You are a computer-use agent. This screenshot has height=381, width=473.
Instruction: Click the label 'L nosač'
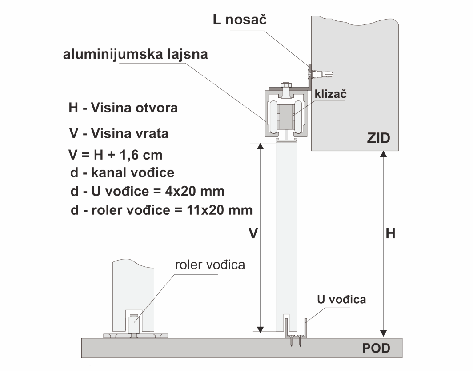click(240, 20)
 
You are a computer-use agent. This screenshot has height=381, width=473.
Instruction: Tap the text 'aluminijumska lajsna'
click(136, 55)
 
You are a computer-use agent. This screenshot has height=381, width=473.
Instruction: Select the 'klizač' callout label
click(331, 94)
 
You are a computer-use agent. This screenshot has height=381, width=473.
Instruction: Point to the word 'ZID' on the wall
click(378, 138)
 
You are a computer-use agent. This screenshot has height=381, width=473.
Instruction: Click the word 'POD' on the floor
click(376, 348)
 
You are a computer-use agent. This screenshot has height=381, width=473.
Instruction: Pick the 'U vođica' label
click(341, 300)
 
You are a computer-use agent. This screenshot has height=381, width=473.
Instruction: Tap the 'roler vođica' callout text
click(210, 265)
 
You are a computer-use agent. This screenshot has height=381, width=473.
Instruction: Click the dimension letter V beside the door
click(253, 233)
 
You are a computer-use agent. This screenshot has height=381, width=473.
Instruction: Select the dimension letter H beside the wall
click(390, 233)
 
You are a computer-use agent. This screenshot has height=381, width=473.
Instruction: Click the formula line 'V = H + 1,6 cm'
click(116, 155)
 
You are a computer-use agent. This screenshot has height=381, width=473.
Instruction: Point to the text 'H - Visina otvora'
click(123, 108)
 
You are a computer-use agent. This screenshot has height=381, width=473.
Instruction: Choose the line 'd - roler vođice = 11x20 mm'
click(161, 210)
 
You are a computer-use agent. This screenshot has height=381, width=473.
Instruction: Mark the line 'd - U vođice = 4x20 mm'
click(147, 191)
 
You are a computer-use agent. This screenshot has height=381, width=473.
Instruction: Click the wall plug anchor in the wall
click(323, 74)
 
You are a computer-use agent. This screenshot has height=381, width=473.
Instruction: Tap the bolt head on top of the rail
click(286, 85)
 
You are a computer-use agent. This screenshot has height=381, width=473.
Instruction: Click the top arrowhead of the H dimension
click(383, 154)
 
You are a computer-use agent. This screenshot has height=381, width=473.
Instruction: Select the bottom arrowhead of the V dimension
click(260, 329)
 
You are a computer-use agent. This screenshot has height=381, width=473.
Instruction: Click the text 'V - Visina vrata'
click(119, 134)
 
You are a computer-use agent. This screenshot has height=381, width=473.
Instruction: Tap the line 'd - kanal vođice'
click(122, 173)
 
